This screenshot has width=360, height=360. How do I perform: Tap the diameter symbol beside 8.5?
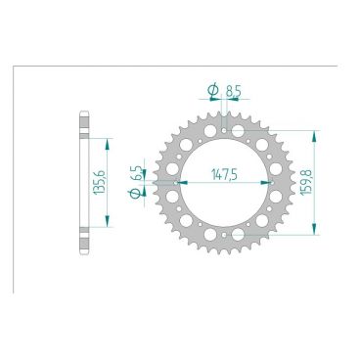pyautogui.click(x=212, y=92)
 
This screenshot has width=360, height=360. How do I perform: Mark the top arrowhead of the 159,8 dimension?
pyautogui.click(x=314, y=131)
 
